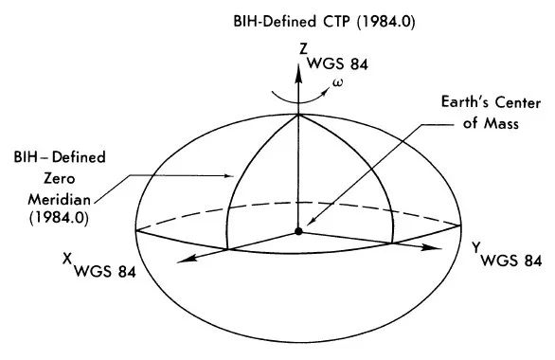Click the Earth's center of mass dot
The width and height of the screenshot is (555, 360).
tap(298, 230)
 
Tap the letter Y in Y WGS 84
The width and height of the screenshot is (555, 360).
tap(476, 247)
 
